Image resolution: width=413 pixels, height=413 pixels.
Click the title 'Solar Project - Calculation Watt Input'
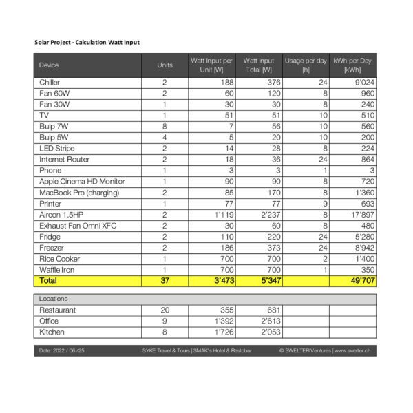87,43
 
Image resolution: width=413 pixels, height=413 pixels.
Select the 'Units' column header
165,65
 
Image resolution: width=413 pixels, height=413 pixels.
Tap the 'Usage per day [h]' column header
306,65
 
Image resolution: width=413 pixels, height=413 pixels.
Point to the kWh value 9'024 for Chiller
361,82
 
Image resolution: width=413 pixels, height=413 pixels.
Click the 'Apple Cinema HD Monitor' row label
82,181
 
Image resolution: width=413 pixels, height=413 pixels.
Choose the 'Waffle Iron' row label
57,270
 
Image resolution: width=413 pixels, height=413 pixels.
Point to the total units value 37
165,281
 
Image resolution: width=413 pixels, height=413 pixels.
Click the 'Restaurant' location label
58,310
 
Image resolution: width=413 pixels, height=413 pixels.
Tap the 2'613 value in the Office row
262,321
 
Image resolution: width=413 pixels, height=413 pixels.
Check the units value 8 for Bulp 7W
165,126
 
